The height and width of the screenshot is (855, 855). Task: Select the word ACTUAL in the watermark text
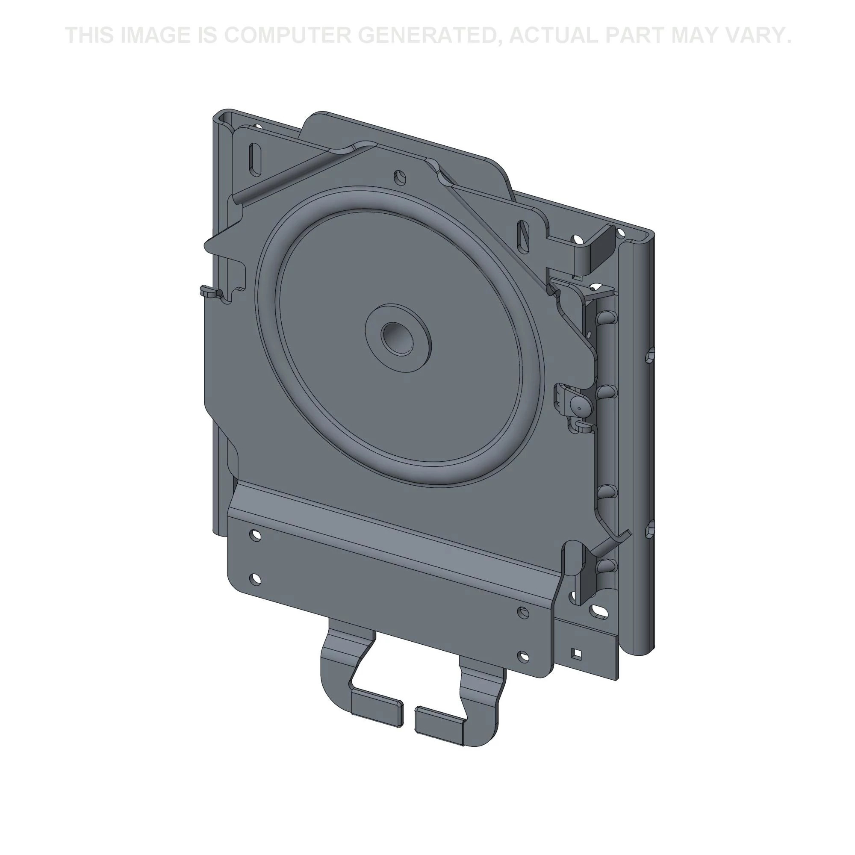click(x=554, y=35)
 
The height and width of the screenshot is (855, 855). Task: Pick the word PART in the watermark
click(x=634, y=35)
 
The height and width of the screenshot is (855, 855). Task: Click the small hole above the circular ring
click(x=400, y=177)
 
